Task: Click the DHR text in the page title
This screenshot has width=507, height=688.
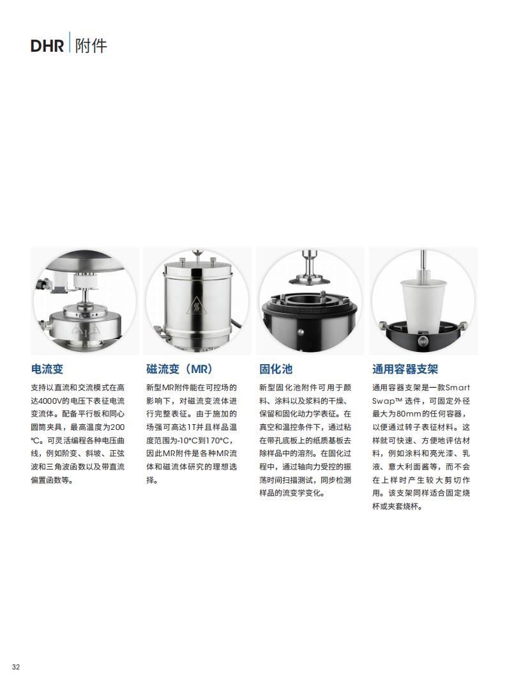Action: pos(47,45)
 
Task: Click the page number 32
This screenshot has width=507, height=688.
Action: pos(16,667)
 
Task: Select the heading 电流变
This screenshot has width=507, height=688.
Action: pos(47,369)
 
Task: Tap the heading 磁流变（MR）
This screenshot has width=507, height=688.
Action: pos(180,369)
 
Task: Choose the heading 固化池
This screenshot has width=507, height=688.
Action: pos(275,369)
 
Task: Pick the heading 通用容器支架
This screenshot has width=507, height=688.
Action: pos(405,369)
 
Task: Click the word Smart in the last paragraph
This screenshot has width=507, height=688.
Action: pos(457,387)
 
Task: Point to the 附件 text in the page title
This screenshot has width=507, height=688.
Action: pos(91,45)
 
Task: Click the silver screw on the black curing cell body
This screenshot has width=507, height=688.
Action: pos(299,330)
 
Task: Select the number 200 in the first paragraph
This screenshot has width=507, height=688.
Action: pos(117,427)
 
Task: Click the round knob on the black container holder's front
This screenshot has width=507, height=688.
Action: pos(423,341)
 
